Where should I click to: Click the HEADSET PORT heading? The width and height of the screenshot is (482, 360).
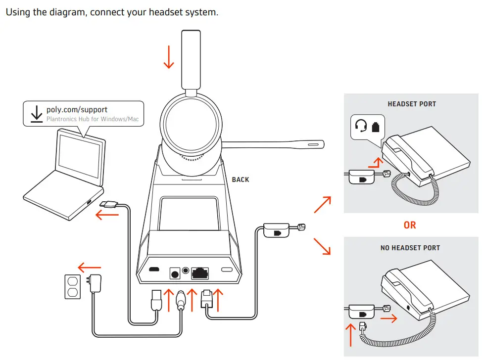point(412,104)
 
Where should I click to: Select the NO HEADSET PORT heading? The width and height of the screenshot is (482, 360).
point(410,248)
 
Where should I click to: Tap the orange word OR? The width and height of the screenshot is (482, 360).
point(410,225)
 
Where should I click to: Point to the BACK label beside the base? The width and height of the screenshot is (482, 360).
point(241,180)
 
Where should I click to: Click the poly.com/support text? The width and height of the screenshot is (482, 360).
point(77,109)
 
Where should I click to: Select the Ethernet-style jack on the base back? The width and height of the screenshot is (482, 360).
point(200,271)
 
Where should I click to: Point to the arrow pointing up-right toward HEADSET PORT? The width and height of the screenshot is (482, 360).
point(322,204)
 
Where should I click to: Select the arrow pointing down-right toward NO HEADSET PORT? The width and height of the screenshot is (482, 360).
point(322,246)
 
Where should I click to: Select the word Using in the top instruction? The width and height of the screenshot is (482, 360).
point(18,12)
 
